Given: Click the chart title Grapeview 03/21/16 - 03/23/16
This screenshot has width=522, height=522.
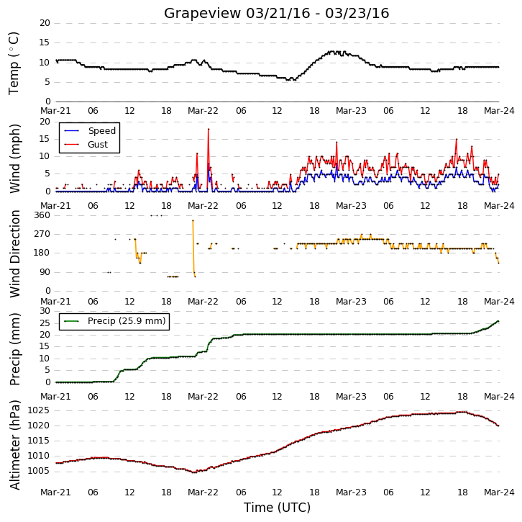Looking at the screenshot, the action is tap(276, 14).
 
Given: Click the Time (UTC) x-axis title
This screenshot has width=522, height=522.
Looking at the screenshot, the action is tap(277, 508).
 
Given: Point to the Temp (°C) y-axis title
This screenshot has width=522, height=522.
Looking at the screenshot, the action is tap(14, 63).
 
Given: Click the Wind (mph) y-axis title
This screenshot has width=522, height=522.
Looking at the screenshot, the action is tap(14, 158).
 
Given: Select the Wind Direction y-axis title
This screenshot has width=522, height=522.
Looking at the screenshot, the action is tap(14, 253).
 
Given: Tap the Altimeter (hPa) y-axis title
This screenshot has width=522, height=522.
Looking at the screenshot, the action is tap(14, 445).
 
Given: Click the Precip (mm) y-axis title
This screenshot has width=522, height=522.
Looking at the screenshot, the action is tap(14, 349).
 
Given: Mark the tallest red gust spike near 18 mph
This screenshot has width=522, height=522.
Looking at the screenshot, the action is tap(209, 129).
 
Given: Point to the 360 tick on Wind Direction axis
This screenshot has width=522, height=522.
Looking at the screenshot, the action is tap(42, 215).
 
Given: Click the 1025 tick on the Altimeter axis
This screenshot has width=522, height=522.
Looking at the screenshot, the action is tap(38, 410).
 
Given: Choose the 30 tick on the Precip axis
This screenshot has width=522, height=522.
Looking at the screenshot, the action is tap(45, 311).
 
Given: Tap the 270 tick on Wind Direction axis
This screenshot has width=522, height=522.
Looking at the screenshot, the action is tap(42, 234).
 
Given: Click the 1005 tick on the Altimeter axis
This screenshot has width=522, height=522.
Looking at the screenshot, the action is tap(38, 471).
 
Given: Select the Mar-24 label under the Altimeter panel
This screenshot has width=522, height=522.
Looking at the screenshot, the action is tap(499, 492).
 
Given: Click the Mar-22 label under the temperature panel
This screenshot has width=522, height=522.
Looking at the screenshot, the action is tap(203, 111).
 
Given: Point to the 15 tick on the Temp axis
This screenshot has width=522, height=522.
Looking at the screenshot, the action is tap(45, 42).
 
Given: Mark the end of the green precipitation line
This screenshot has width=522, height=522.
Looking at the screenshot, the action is tap(498, 321).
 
